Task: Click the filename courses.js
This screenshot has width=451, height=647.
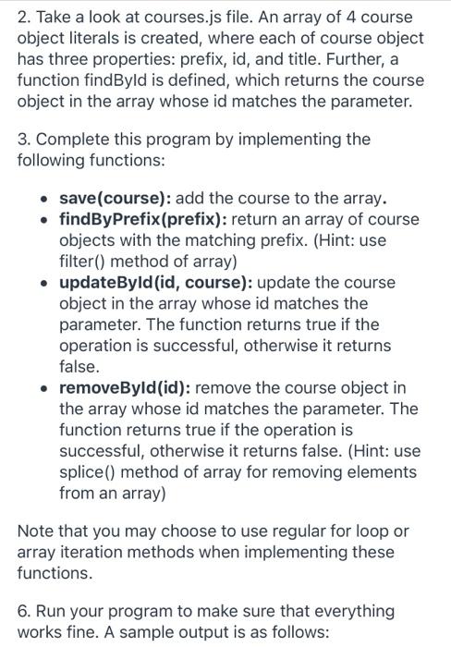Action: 178,18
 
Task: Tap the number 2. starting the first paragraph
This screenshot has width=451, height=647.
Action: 25,18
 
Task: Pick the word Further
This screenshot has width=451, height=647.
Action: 357,60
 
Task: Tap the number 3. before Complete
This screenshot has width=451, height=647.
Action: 25,139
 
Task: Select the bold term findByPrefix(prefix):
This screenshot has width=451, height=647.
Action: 143,220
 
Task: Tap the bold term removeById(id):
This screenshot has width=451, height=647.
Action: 126,387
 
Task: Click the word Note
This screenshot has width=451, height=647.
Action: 37,531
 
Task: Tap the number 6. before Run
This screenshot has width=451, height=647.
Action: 25,610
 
